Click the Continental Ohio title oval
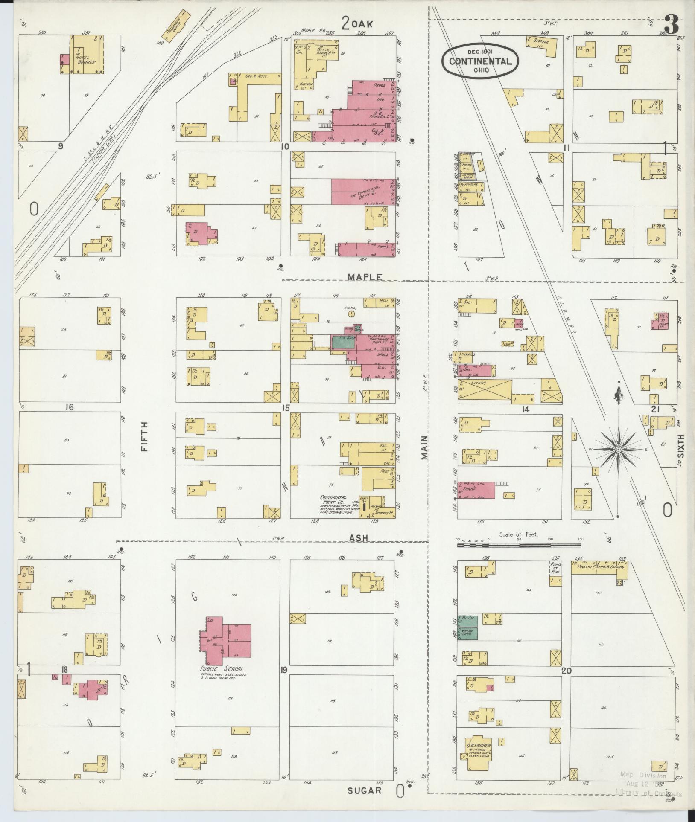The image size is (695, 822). [480, 61]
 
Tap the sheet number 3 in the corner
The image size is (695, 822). [671, 26]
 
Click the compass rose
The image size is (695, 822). [618, 450]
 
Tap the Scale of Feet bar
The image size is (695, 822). [518, 545]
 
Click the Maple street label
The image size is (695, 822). [364, 277]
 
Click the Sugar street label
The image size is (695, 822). [364, 790]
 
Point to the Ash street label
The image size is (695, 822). [359, 538]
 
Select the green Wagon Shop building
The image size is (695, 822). [467, 634]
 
